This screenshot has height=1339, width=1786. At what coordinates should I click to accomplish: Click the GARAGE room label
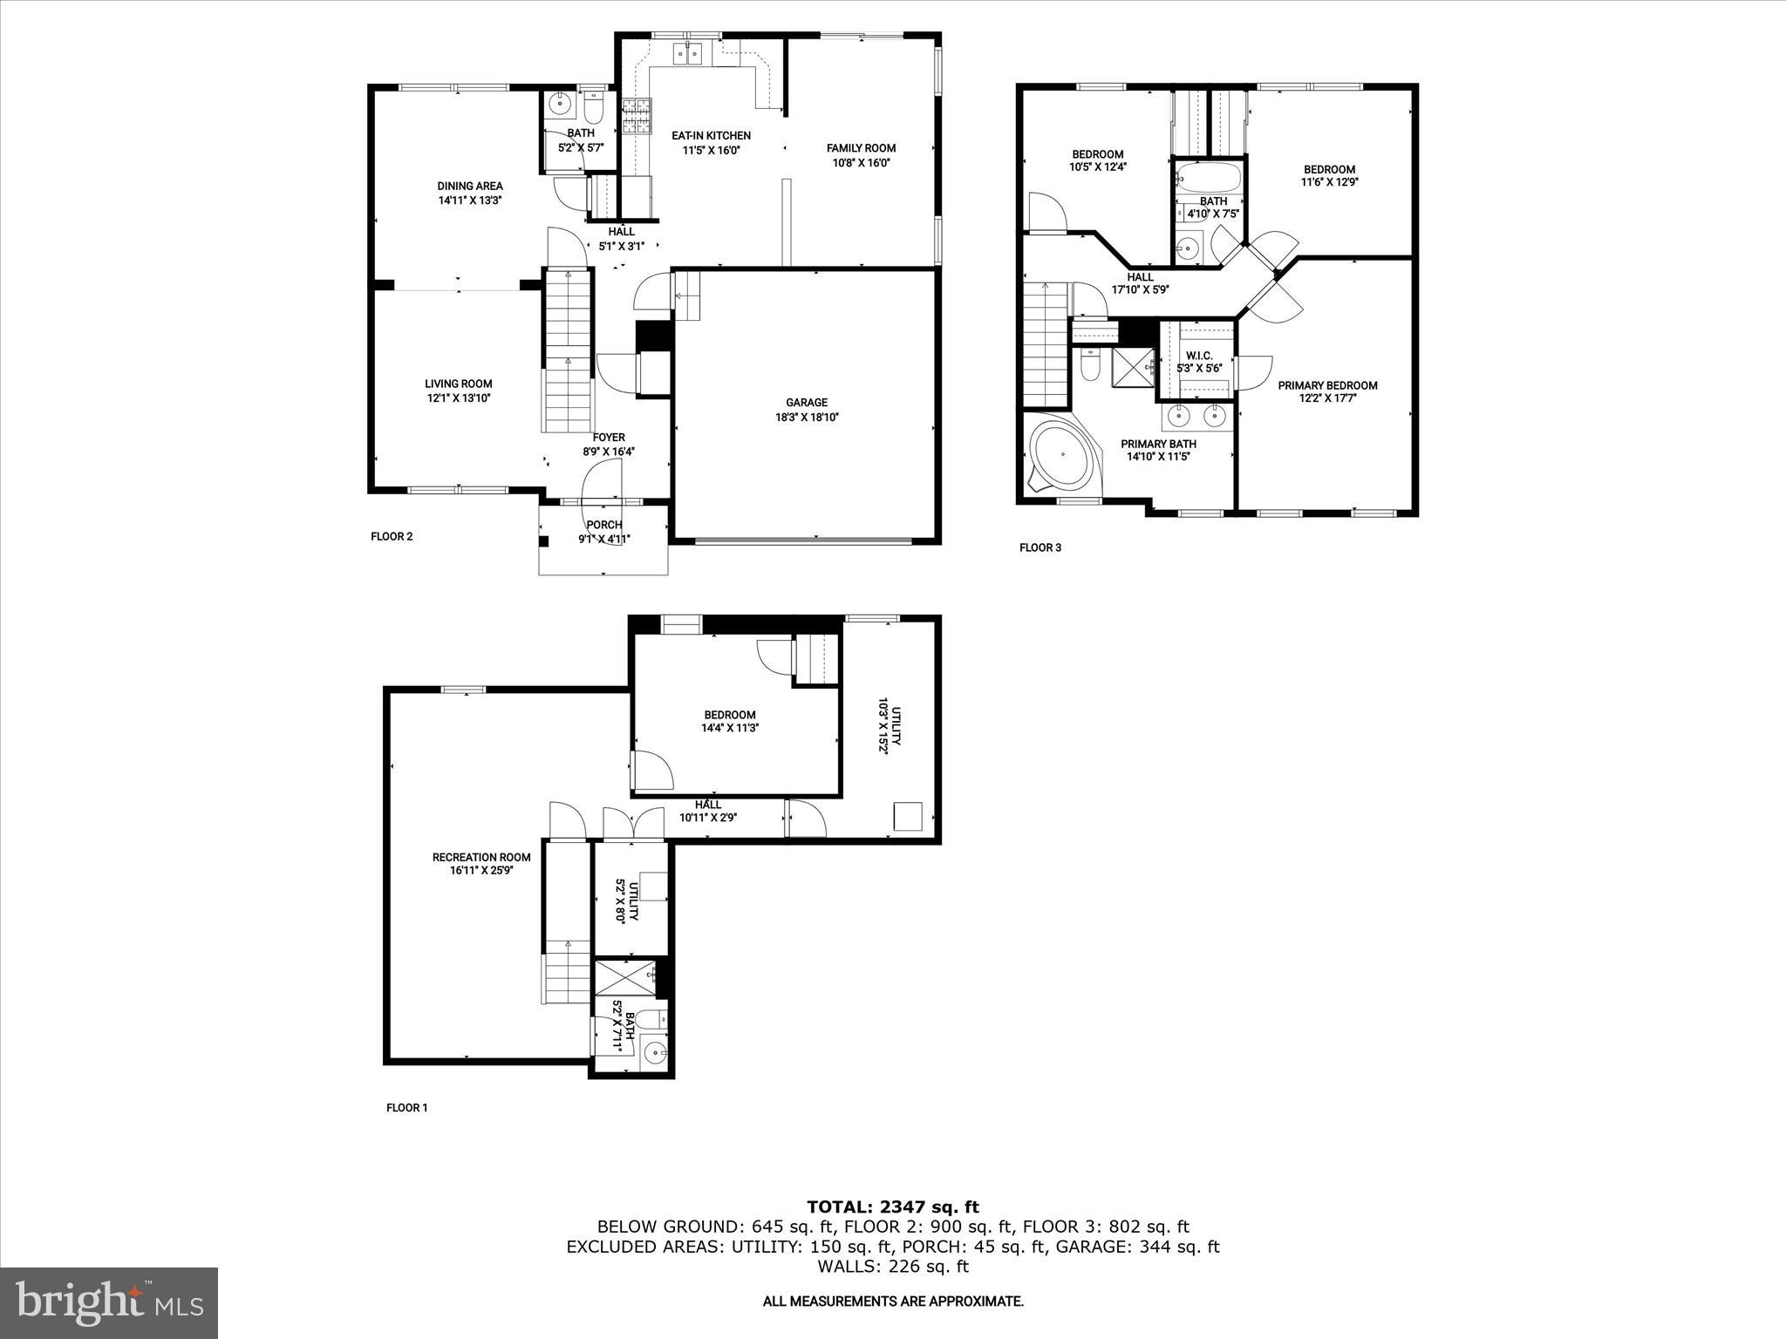[x=806, y=403]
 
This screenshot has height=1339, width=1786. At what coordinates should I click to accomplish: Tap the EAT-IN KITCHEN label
[x=711, y=136]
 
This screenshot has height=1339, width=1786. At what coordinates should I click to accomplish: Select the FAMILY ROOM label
[x=861, y=148]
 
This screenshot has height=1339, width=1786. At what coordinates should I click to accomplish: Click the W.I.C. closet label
[x=1199, y=356]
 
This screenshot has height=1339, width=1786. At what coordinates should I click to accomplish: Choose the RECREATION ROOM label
[x=481, y=857]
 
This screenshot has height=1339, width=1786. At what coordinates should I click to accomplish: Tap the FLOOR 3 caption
[x=1040, y=547]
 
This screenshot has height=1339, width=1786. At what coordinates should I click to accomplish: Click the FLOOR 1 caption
[x=407, y=1108]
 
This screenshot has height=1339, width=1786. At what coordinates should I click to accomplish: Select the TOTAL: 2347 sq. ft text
[x=892, y=1207]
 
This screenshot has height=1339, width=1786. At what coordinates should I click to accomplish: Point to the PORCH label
[x=603, y=525]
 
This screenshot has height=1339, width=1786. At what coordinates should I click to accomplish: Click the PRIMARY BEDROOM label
[x=1327, y=385]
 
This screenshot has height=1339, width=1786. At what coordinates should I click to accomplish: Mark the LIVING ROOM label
[x=458, y=384]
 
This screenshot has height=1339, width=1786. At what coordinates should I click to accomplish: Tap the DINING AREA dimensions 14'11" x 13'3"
[x=470, y=200]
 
